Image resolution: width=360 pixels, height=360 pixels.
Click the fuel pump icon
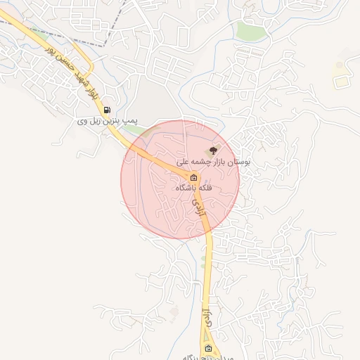tap(107, 110)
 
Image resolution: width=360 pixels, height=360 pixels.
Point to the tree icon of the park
tap(214, 149)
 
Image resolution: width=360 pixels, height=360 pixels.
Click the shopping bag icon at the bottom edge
tap(208, 349)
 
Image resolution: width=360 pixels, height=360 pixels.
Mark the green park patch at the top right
tap(249, 30)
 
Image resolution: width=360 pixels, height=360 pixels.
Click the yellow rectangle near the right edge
tap(341, 82)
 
